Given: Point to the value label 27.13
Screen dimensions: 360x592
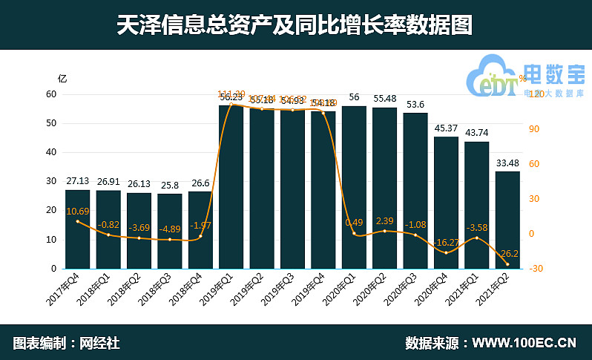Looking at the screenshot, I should coord(78,181).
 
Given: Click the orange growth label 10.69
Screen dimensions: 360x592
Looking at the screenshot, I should coord(78,212).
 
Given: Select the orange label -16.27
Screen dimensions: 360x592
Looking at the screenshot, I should coord(446,242).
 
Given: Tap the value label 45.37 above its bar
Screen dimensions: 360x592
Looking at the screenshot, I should coord(446,128).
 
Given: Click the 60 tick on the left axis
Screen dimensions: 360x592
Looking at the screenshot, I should coord(51,94).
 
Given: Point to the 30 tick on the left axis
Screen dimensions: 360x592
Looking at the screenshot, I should coord(51,181).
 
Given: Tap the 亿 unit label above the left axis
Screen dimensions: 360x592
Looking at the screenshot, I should coord(62,78).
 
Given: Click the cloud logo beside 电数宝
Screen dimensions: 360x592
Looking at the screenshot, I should coord(493,75).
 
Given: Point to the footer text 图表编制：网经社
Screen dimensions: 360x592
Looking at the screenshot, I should coord(67,343).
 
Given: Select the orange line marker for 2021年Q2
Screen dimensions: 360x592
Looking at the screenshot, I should coord(508,264).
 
